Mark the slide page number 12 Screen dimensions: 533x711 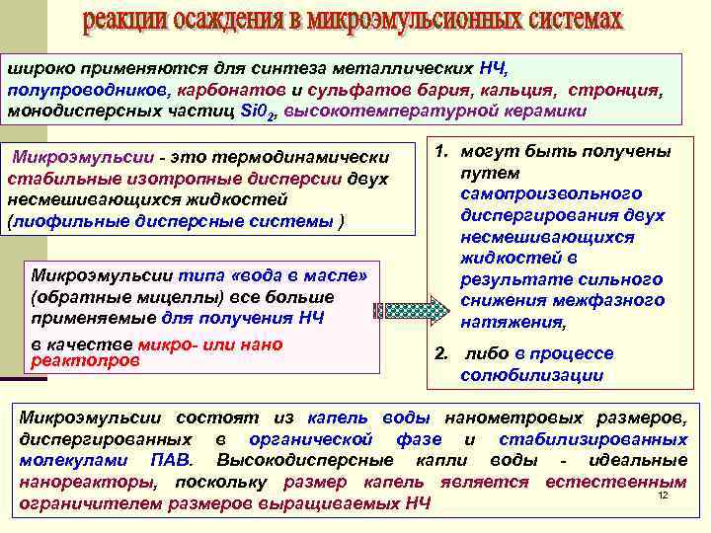[663, 495]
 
